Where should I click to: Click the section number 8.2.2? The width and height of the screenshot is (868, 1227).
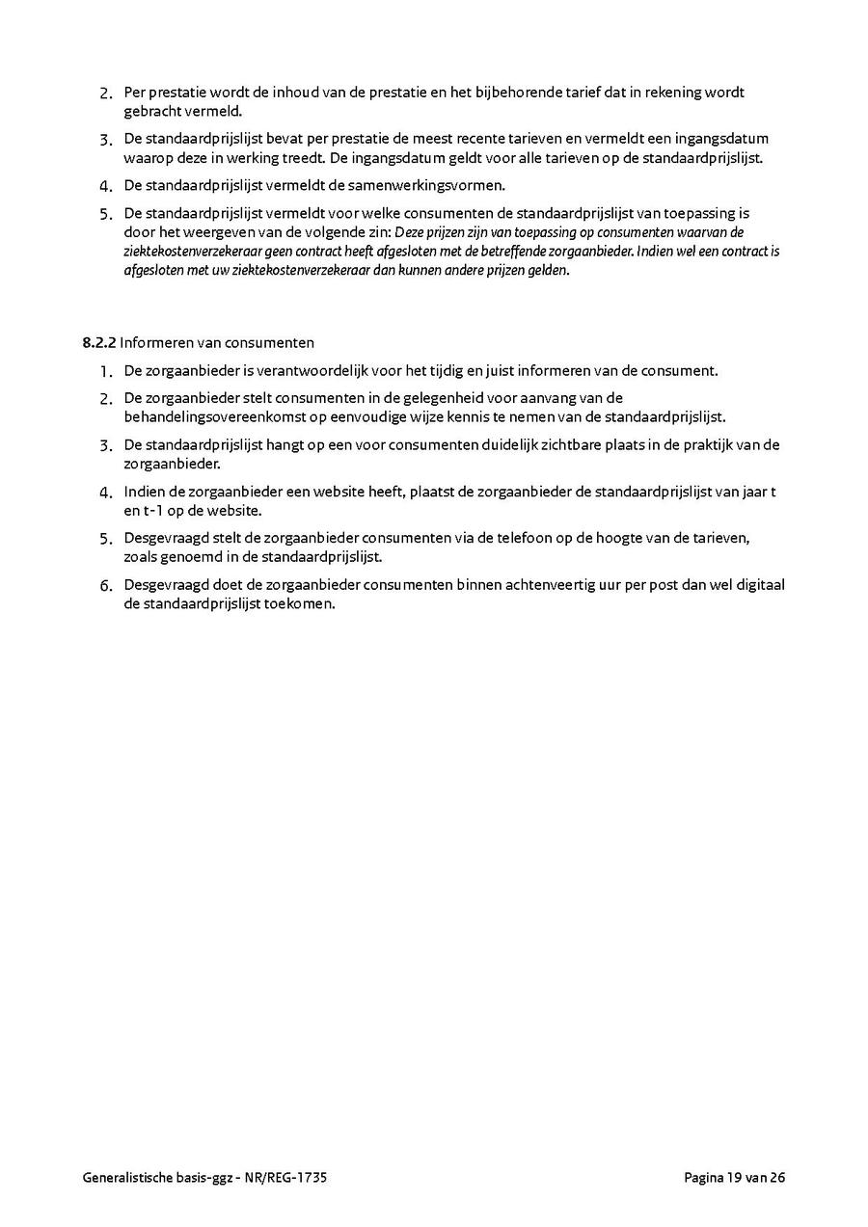[99, 342]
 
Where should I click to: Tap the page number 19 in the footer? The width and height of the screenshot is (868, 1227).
[736, 1177]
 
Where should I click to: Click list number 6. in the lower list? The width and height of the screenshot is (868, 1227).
[106, 585]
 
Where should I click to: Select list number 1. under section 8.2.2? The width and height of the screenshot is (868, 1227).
[106, 371]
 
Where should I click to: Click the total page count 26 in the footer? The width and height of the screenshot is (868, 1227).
[776, 1177]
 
